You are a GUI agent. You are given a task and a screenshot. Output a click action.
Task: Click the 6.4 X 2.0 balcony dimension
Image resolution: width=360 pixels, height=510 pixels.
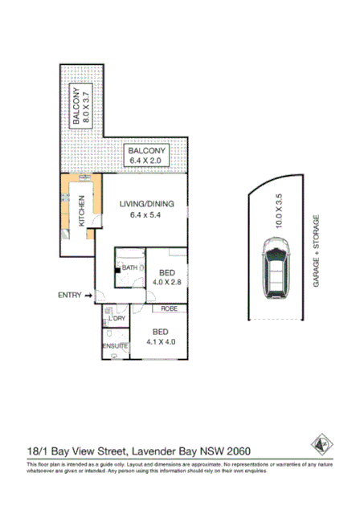[146, 161]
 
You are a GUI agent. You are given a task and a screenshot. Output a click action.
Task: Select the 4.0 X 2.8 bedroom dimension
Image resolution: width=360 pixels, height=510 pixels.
[170, 282]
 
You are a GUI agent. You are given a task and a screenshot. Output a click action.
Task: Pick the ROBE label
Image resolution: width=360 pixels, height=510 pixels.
[169, 308]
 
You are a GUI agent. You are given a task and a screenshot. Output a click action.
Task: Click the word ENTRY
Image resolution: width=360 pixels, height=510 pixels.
[70, 296]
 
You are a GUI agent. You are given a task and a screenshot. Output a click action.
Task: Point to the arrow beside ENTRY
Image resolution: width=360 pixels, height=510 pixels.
[88, 296]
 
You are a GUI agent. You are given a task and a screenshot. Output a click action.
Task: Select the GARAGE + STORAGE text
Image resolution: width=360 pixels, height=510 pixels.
[317, 251]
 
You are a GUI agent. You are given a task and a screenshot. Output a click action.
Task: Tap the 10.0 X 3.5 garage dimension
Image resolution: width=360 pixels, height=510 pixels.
[280, 211]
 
